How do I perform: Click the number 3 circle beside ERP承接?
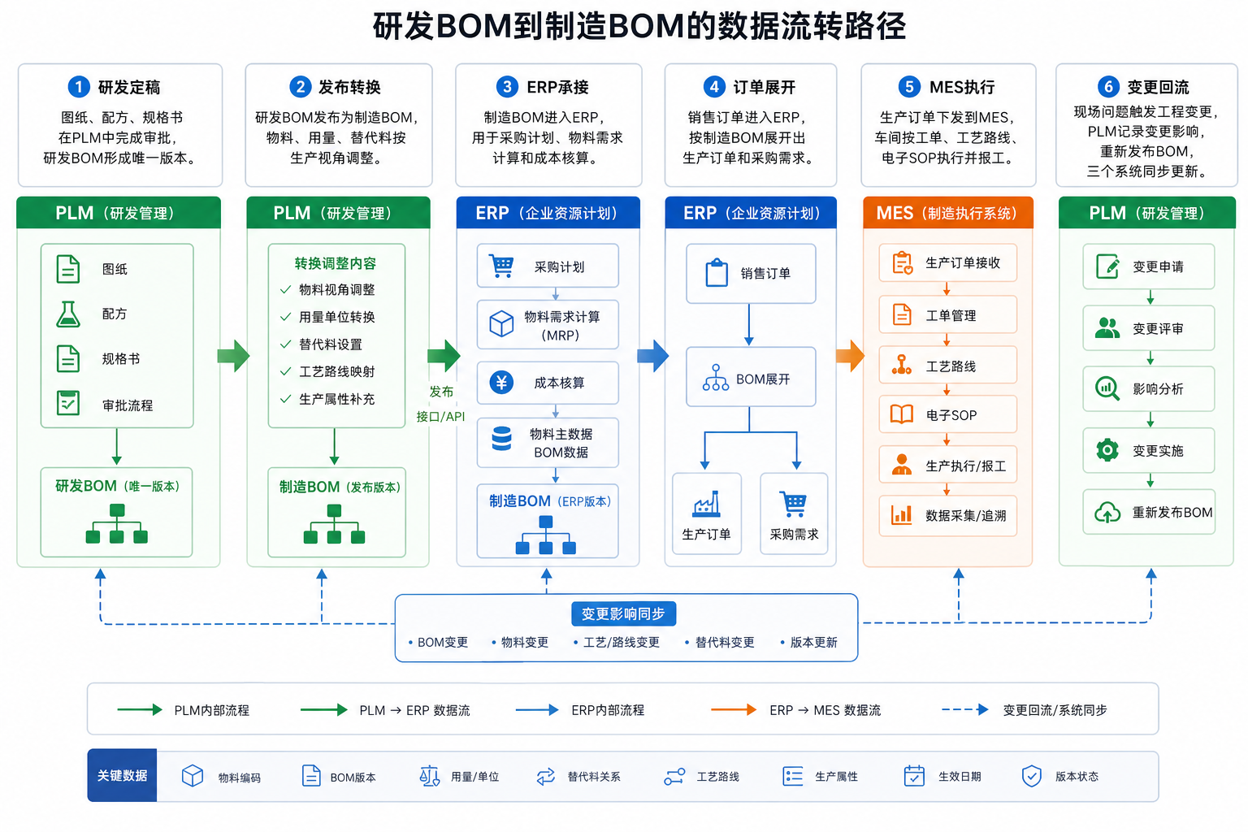click(x=507, y=87)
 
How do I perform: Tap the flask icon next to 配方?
click(x=68, y=314)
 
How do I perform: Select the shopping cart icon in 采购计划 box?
click(x=500, y=266)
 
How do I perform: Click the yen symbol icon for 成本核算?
click(x=501, y=383)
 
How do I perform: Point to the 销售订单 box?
click(x=751, y=274)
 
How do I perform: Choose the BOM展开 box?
click(x=751, y=377)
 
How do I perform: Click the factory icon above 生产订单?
click(x=706, y=504)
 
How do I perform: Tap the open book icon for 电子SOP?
click(x=901, y=414)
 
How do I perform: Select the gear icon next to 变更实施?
click(x=1107, y=450)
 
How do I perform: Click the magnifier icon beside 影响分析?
click(x=1107, y=388)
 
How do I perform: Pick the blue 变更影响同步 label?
click(x=623, y=613)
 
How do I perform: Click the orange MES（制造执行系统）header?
click(x=947, y=213)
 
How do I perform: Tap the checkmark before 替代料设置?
click(x=286, y=344)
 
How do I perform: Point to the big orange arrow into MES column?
click(x=850, y=356)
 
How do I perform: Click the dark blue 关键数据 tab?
click(x=122, y=775)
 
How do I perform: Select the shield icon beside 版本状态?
click(x=1031, y=776)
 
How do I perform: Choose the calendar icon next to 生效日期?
click(x=914, y=776)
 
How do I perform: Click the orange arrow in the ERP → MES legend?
click(x=733, y=709)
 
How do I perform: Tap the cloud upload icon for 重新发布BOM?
click(x=1107, y=512)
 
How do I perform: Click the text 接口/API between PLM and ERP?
click(x=440, y=416)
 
